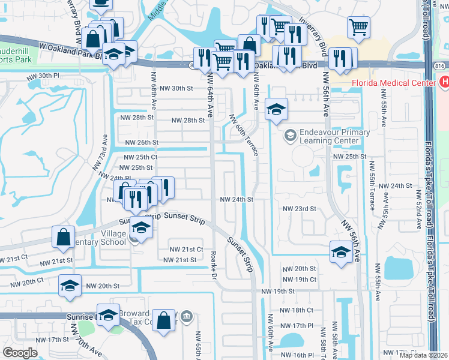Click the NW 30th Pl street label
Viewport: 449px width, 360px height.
(x=43, y=76)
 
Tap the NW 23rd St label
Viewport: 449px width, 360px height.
(x=299, y=209)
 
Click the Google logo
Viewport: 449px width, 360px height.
(x=20, y=353)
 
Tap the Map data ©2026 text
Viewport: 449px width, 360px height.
(x=424, y=355)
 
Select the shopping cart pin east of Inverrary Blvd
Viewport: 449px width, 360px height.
(x=358, y=27)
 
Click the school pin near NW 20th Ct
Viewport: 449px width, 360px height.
(x=70, y=285)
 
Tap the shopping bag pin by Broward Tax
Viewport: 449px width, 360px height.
(x=163, y=319)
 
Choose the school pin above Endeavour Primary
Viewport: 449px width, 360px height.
(x=276, y=109)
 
